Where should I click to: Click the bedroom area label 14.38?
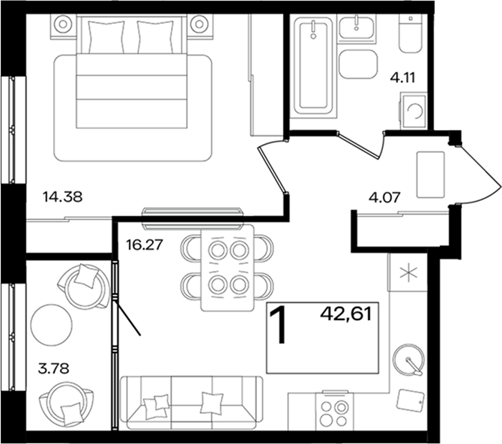coord(62,196)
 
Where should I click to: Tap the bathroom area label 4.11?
coord(402,77)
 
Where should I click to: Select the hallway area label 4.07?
coord(384,197)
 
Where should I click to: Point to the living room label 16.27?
coord(145,245)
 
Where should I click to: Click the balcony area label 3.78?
coord(53,368)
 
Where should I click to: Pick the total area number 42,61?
coord(346,314)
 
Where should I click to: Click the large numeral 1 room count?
coord(278,325)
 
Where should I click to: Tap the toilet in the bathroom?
coord(411,34)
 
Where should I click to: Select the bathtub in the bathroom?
coord(313,66)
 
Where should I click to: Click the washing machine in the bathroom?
coord(414,110)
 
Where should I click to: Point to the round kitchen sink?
coord(409,360)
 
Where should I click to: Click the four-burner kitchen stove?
coord(335,411)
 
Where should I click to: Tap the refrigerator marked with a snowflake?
coord(408,271)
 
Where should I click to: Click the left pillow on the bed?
coord(106,37)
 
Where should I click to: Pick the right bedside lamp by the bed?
coord(199,24)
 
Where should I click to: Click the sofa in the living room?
coord(191,403)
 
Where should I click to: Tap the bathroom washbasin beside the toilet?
coord(357,28)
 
